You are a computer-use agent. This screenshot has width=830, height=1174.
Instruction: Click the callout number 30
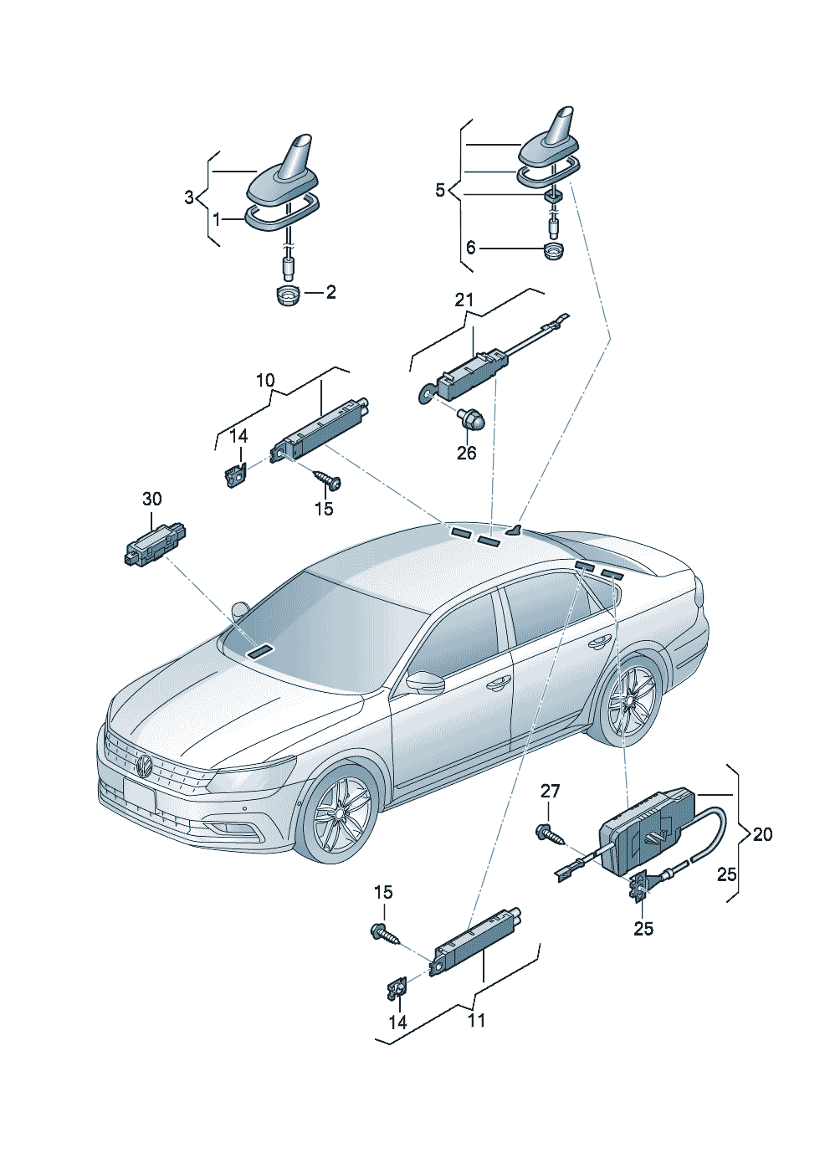(151, 500)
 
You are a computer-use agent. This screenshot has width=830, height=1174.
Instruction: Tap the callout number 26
(466, 453)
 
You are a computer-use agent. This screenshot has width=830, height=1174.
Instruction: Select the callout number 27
(550, 791)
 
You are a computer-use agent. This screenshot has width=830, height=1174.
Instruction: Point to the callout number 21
(464, 300)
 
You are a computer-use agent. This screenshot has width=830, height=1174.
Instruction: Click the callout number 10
(265, 381)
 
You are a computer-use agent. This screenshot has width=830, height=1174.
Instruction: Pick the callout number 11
(476, 1020)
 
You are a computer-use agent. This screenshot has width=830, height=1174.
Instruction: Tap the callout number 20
(762, 834)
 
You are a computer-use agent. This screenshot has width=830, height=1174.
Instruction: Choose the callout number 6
(471, 248)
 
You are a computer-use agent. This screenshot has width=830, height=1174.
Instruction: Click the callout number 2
(330, 292)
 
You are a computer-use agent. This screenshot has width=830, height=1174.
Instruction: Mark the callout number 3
(189, 197)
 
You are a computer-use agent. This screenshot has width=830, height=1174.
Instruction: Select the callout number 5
(440, 190)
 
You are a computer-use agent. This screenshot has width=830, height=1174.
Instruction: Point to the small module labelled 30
(153, 546)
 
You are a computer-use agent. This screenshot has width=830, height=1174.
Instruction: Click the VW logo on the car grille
(144, 766)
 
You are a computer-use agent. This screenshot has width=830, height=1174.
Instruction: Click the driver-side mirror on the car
(425, 682)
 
